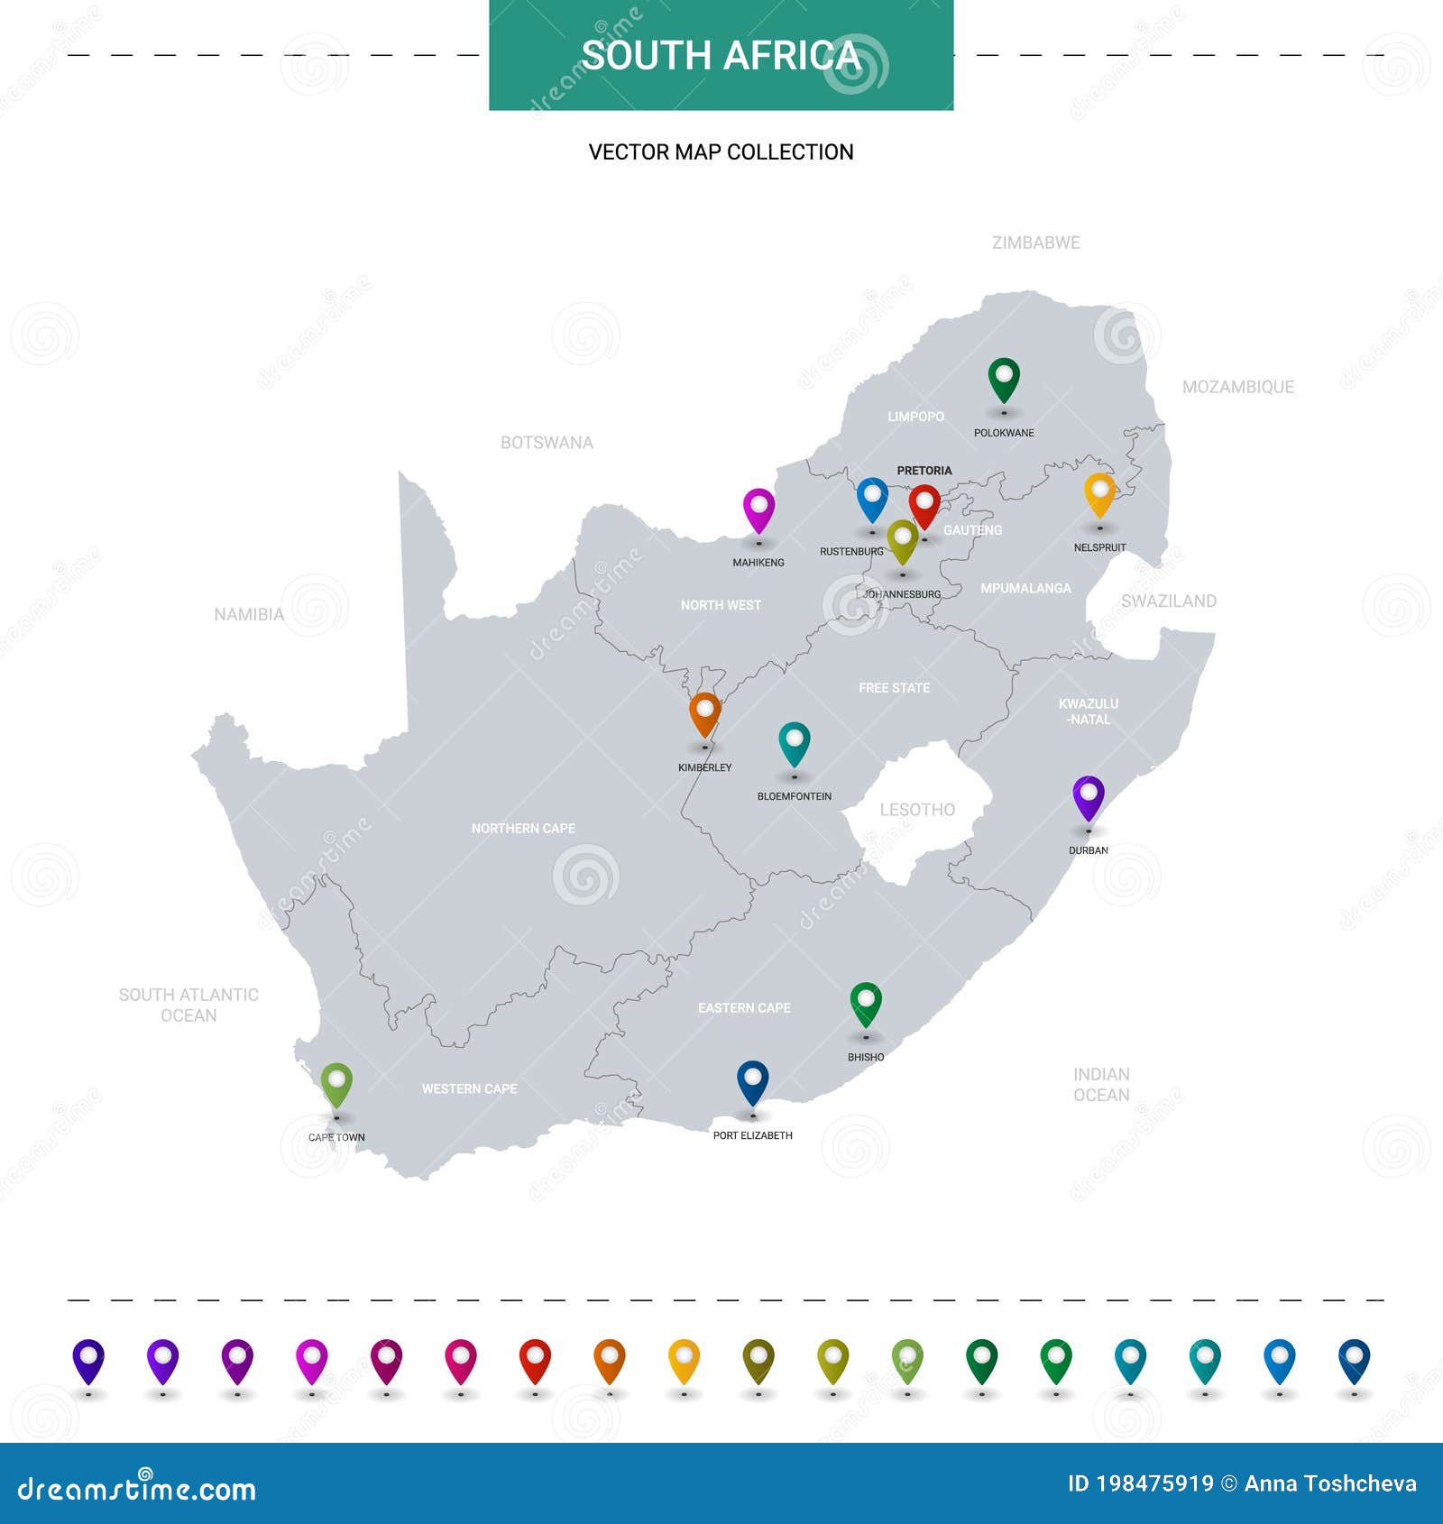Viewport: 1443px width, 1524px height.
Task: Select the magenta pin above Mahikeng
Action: pyautogui.click(x=758, y=508)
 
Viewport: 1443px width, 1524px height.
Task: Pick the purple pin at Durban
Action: pyautogui.click(x=1089, y=795)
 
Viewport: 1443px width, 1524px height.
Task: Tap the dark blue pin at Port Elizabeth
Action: pyautogui.click(x=752, y=1079)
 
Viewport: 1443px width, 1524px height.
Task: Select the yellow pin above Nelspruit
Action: pyautogui.click(x=1099, y=492)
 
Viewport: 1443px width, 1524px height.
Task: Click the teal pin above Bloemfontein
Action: pyautogui.click(x=794, y=741)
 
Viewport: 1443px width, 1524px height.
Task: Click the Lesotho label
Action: pyautogui.click(x=917, y=810)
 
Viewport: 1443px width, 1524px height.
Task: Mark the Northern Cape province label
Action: pyautogui.click(x=523, y=828)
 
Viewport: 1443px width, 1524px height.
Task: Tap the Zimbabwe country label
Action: pyautogui.click(x=1035, y=243)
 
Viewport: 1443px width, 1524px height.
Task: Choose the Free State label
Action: pyautogui.click(x=894, y=688)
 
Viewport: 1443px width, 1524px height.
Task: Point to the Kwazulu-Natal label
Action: pyautogui.click(x=1089, y=712)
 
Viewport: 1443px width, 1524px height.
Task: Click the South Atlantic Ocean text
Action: pyautogui.click(x=188, y=1005)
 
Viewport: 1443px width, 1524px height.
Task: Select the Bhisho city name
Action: pyautogui.click(x=866, y=1057)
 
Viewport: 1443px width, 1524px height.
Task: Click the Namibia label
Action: pyautogui.click(x=249, y=614)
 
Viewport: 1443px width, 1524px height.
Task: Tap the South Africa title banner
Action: pyautogui.click(x=721, y=55)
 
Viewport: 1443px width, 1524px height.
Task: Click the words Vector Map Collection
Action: pyautogui.click(x=721, y=151)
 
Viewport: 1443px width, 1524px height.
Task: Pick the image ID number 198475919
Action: pyautogui.click(x=1154, y=1483)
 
